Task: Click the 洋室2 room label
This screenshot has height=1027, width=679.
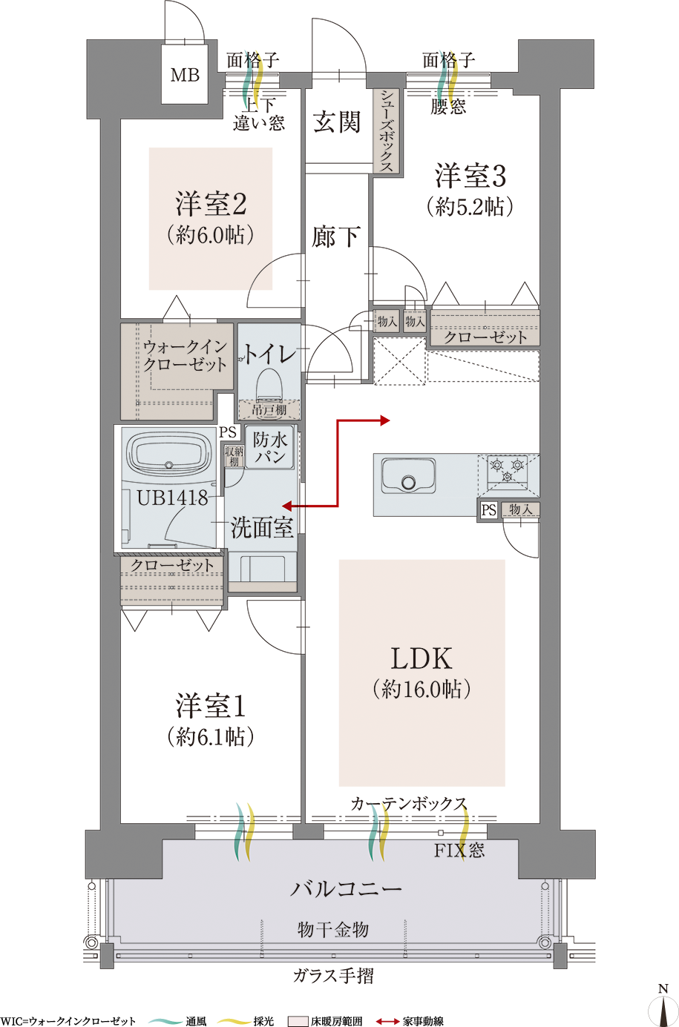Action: coord(211,205)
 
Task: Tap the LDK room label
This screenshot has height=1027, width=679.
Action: coord(421,658)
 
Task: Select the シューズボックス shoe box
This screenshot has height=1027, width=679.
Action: coord(387,131)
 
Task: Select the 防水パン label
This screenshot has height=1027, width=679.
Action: coord(270,448)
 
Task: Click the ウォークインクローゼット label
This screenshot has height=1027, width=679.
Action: coord(185,356)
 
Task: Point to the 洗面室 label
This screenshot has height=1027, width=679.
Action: coord(262,528)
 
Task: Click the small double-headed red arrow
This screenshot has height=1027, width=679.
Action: coord(295,506)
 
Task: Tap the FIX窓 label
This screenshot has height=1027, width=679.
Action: coord(459,851)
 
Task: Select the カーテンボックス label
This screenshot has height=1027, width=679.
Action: coord(409,804)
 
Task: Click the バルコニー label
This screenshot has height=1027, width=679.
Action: coord(346,888)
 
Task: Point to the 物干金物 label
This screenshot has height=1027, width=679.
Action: coord(333,929)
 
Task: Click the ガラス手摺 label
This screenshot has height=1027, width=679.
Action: coord(333,976)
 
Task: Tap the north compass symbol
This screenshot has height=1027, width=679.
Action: coord(663,1008)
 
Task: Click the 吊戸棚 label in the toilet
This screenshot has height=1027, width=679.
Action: coord(269,409)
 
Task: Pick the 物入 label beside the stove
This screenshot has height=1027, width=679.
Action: coord(520,509)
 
